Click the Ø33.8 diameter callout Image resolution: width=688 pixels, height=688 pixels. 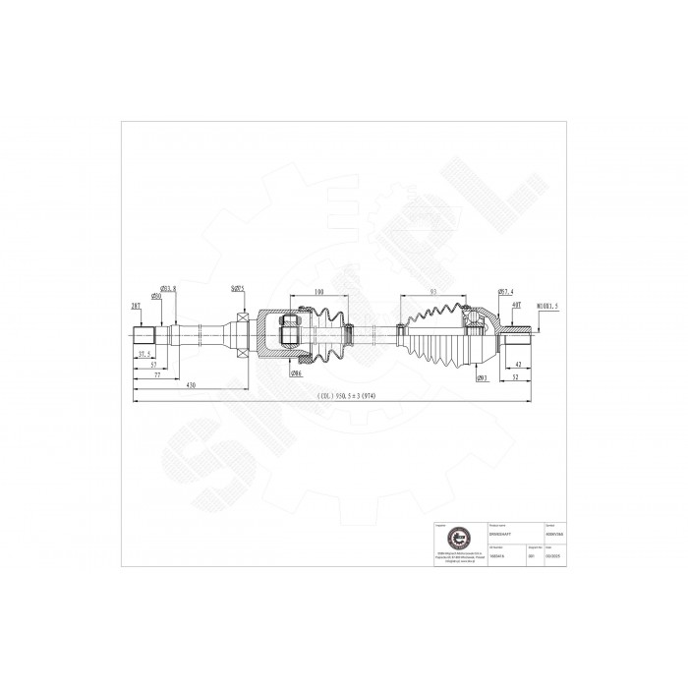168,288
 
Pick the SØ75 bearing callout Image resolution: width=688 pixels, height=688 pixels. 238,288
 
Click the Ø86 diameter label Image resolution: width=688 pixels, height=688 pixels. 296,373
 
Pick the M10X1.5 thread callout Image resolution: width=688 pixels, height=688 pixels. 547,306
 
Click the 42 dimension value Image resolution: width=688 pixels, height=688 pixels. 517,364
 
